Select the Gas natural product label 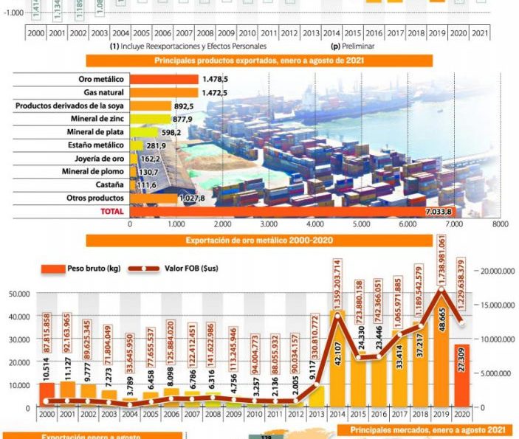[103, 92]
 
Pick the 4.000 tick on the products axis [315, 223]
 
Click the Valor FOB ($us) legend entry [174, 269]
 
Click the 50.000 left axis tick [18, 294]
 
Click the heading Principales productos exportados [258, 61]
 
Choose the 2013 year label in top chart [311, 33]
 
